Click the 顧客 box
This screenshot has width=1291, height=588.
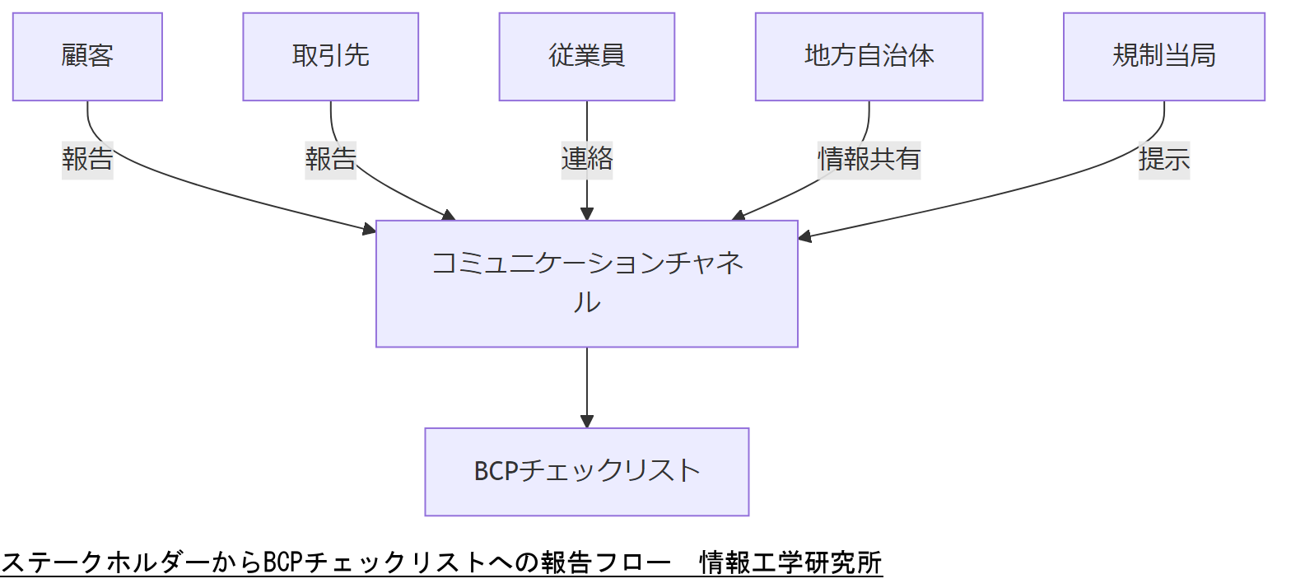click(87, 57)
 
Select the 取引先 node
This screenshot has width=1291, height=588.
click(330, 57)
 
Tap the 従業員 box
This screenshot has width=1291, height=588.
click(586, 57)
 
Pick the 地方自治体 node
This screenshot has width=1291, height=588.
click(869, 57)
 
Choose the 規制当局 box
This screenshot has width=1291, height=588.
click(1163, 57)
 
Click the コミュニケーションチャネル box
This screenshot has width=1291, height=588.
click(586, 283)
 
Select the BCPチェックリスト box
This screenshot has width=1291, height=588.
click(586, 471)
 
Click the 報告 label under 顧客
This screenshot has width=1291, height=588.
click(87, 159)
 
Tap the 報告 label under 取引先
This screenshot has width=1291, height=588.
click(330, 159)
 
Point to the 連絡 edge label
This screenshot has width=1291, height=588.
click(586, 159)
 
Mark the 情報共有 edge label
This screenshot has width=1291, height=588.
click(869, 159)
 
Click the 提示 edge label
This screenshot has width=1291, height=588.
click(1163, 159)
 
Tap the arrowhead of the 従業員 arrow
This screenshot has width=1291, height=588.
click(586, 214)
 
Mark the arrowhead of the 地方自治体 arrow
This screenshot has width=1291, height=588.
click(739, 217)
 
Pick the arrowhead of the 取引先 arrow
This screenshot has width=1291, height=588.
click(448, 216)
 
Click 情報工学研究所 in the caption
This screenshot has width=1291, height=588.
click(790, 563)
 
